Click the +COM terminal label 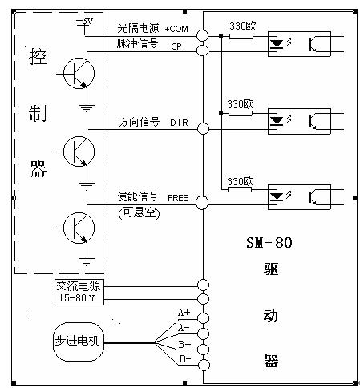coord(176,29)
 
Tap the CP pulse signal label coord(176,46)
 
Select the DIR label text coord(179,123)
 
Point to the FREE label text coord(178,198)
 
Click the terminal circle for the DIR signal coord(203,128)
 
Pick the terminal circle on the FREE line coord(202,203)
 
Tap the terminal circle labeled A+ coord(203,318)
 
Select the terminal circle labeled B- coord(203,365)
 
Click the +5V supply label coord(85,21)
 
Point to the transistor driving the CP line coord(79,73)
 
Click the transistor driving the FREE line coord(79,228)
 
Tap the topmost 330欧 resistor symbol coord(241,36)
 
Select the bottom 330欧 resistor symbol coord(240,189)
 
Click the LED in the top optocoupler coord(277,44)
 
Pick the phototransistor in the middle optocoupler coord(313,122)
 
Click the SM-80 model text coord(269,243)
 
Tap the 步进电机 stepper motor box coord(78,342)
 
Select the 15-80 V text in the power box coord(77,297)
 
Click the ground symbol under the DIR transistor coord(87,186)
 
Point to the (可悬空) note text coord(139,213)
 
